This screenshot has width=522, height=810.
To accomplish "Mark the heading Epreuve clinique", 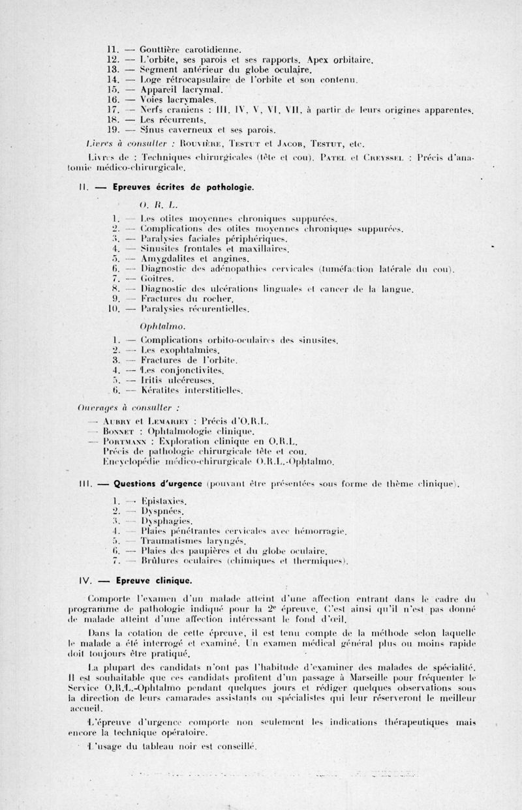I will coord(152,580).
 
